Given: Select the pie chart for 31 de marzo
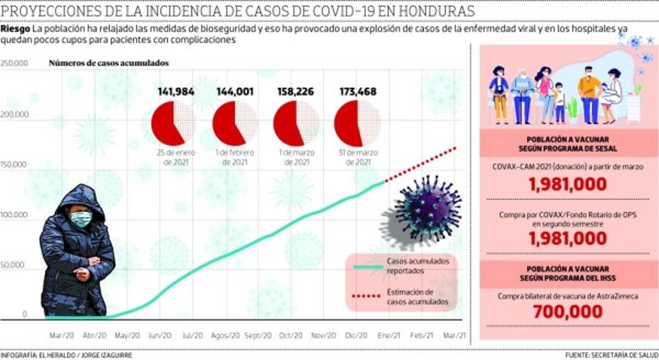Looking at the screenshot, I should pyautogui.click(x=356, y=123).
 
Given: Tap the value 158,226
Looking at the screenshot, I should pyautogui.click(x=296, y=91).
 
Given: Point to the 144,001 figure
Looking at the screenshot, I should pyautogui.click(x=235, y=91).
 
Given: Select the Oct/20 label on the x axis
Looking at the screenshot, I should pyautogui.click(x=290, y=335).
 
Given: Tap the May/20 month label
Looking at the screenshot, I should pyautogui.click(x=127, y=335).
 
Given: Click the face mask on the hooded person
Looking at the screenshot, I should pyautogui.click(x=81, y=220).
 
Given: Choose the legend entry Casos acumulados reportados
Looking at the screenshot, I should pyautogui.click(x=417, y=266).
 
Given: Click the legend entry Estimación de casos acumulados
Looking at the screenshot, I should pyautogui.click(x=417, y=297).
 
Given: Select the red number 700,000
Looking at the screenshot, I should pyautogui.click(x=568, y=312).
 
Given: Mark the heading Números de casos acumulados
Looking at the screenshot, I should pyautogui.click(x=109, y=63).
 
